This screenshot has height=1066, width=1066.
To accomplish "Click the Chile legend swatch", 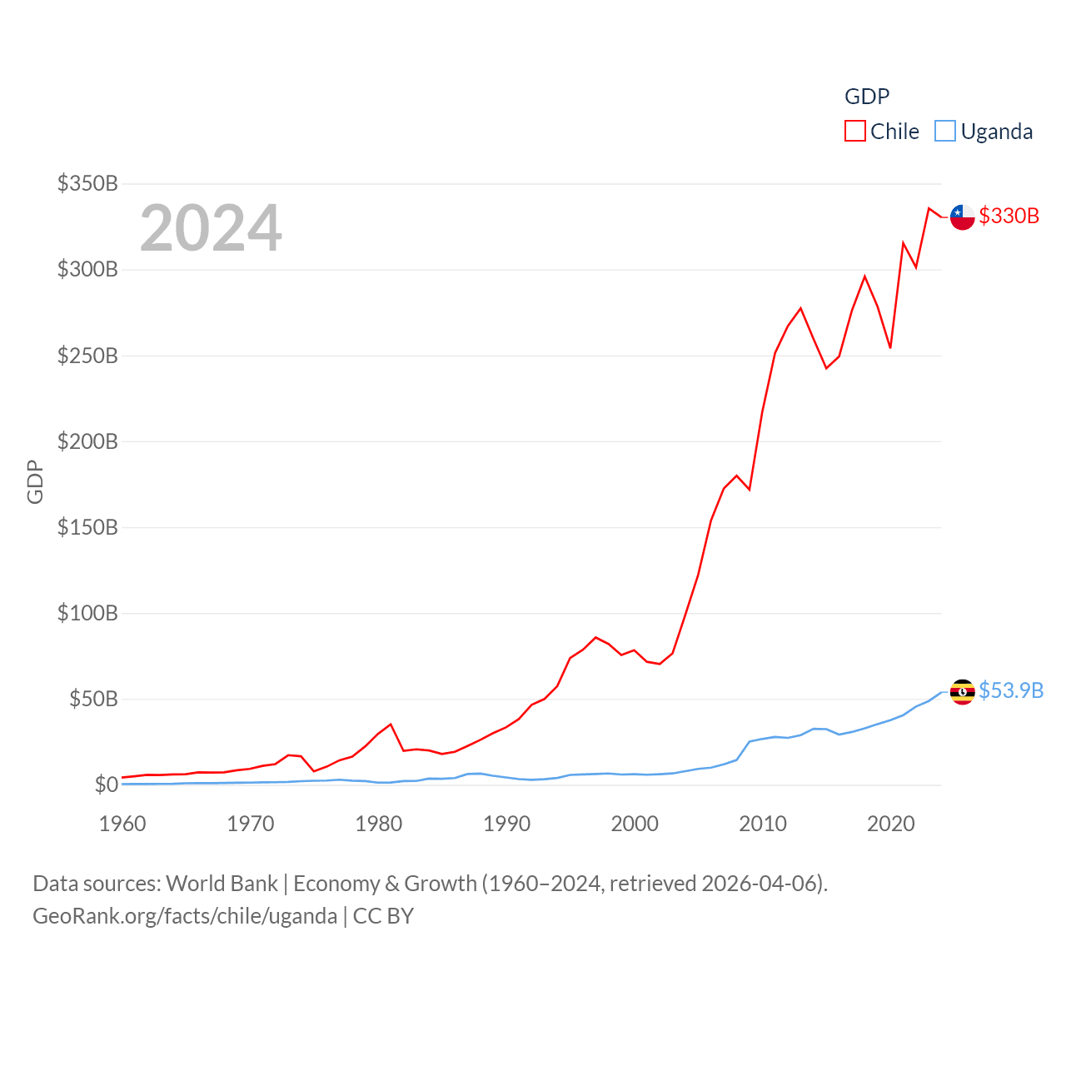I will pyautogui.click(x=855, y=132).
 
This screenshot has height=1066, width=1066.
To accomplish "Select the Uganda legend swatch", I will pyautogui.click(x=945, y=132).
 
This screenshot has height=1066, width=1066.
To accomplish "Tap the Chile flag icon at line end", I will pyautogui.click(x=963, y=217).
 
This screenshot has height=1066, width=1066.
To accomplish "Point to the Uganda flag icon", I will pyautogui.click(x=963, y=691).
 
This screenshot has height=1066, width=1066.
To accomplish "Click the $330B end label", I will pyautogui.click(x=1009, y=216).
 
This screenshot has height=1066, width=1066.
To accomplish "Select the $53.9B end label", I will pyautogui.click(x=1011, y=690).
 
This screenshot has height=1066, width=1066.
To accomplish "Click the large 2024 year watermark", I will pyautogui.click(x=211, y=228).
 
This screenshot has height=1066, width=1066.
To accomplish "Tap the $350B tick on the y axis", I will pyautogui.click(x=87, y=183).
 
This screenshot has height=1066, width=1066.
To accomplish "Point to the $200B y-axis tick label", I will pyautogui.click(x=87, y=441).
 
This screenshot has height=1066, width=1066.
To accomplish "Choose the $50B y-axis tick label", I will pyautogui.click(x=93, y=699).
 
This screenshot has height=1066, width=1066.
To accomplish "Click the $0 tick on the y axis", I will pyautogui.click(x=106, y=785).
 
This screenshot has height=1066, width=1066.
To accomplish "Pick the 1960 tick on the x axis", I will pyautogui.click(x=122, y=824).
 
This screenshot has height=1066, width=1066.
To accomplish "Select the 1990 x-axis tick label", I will pyautogui.click(x=506, y=824).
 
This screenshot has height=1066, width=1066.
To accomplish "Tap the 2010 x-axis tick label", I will pyautogui.click(x=763, y=824).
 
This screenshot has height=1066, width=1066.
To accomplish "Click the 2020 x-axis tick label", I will pyautogui.click(x=891, y=824).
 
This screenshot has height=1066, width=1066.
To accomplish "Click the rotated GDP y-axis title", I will pyautogui.click(x=35, y=481).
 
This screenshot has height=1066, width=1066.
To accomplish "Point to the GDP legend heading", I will pyautogui.click(x=867, y=97).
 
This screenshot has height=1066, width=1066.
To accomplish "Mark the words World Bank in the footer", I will pyautogui.click(x=222, y=884).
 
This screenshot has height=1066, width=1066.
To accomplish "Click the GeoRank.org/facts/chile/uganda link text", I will pyautogui.click(x=185, y=916).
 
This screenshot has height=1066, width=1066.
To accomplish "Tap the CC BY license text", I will pyautogui.click(x=383, y=916).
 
